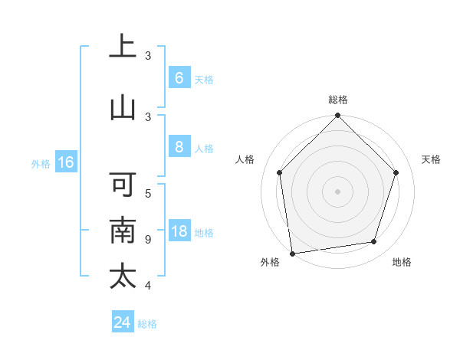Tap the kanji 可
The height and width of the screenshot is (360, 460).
pyautogui.click(x=123, y=185)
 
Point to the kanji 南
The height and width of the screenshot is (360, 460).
pyautogui.click(x=123, y=230)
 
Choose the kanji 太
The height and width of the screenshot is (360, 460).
pyautogui.click(x=123, y=275)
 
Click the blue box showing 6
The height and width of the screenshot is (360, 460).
pyautogui.click(x=179, y=78)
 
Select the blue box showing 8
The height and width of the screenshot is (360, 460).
pyautogui.click(x=179, y=147)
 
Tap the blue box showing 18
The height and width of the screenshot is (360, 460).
pyautogui.click(x=179, y=232)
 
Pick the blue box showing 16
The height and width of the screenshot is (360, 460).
pyautogui.click(x=65, y=162)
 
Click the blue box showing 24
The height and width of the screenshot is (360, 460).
pyautogui.click(x=123, y=322)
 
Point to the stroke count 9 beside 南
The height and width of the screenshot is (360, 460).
pyautogui.click(x=147, y=240)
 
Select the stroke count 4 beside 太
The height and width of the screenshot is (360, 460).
pyautogui.click(x=147, y=286)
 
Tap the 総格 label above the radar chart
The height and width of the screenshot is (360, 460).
pyautogui.click(x=338, y=100)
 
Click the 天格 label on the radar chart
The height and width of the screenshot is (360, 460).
pyautogui.click(x=431, y=159)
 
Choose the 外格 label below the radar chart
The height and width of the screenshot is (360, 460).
pyautogui.click(x=270, y=262)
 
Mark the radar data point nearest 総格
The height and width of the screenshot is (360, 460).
pyautogui.click(x=337, y=116)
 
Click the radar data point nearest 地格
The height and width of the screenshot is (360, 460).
pyautogui.click(x=374, y=242)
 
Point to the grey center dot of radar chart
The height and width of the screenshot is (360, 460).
pyautogui.click(x=337, y=191)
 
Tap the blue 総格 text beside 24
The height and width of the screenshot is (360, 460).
pyautogui.click(x=147, y=324)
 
